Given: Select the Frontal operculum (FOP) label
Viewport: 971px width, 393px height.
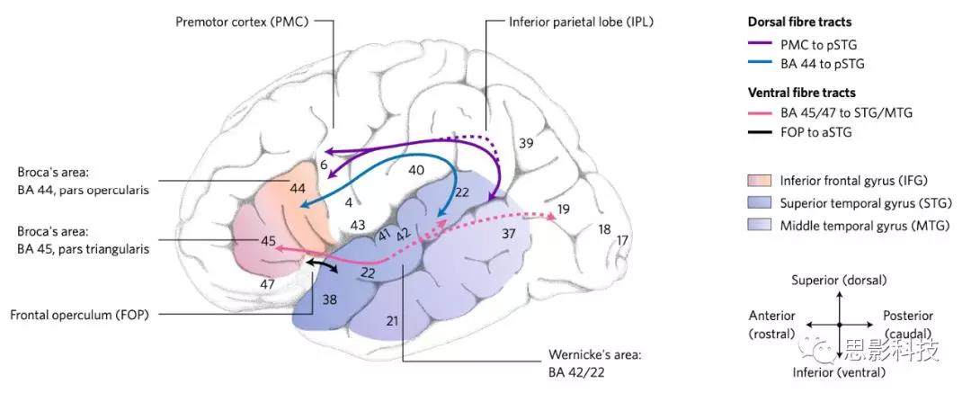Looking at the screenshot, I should (x=79, y=315).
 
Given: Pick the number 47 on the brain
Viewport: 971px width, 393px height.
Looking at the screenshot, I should (x=266, y=284).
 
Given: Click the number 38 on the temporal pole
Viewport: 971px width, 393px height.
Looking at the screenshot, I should (x=330, y=299).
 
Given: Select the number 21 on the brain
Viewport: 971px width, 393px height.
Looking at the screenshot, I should (x=391, y=321).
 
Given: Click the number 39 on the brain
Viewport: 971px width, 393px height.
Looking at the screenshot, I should (x=525, y=143).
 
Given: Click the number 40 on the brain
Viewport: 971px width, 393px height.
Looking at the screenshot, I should (x=416, y=170).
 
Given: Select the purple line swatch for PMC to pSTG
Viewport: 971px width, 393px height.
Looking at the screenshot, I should (x=764, y=42).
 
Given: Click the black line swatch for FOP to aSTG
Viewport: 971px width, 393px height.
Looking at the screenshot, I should (x=764, y=132).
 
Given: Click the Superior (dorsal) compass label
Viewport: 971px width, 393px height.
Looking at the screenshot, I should (x=838, y=281).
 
